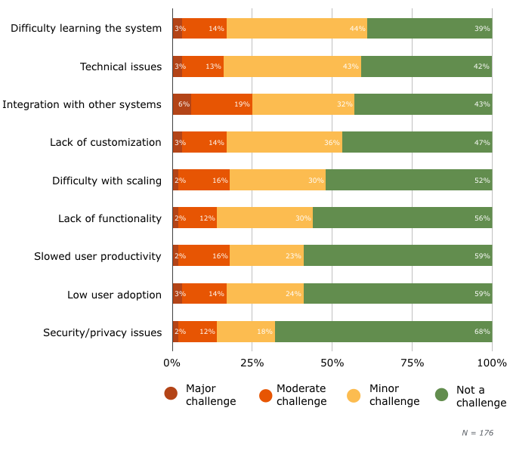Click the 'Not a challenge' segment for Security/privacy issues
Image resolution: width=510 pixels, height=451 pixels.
pos(383,332)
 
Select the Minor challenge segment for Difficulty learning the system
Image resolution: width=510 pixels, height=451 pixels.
pos(297,29)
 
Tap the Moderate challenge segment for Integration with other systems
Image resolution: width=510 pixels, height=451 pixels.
pos(221,104)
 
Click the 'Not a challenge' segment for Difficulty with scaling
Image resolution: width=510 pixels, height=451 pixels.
pos(409,181)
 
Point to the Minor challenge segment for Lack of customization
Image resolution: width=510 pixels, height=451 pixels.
pos(284,142)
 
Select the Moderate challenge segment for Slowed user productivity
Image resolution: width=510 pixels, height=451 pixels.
pos(204,256)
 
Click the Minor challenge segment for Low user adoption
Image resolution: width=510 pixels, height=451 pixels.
pos(265,294)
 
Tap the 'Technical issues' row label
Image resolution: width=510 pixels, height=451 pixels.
pos(121,66)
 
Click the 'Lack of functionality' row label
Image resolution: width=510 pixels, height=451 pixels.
pos(110,218)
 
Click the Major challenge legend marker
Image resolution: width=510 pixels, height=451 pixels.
pos(171,394)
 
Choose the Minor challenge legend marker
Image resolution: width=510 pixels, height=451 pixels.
pos(354,394)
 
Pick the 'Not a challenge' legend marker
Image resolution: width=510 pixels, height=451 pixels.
pos(442,394)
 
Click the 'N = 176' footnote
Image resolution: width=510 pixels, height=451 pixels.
pos(478,432)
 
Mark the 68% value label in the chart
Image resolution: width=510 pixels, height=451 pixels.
pos(482,332)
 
